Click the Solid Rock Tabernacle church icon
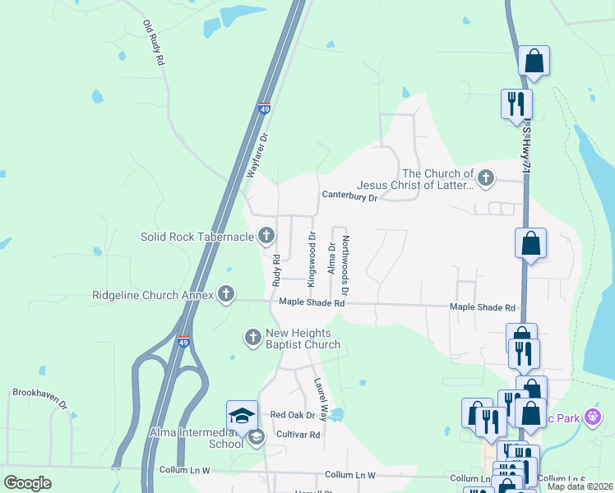pos(266,237)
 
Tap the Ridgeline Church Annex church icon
pos(226,294)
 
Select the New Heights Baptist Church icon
pos(253,337)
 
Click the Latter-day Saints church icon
pos(486,177)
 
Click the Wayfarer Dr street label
pos(258,156)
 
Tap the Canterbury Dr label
pos(349,196)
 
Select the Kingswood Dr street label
pos(312,259)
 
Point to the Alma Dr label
pos(332,259)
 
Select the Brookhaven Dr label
pos(39,393)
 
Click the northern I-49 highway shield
pos(264,108)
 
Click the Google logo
pos(27,483)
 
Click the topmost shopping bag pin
pos(534,61)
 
